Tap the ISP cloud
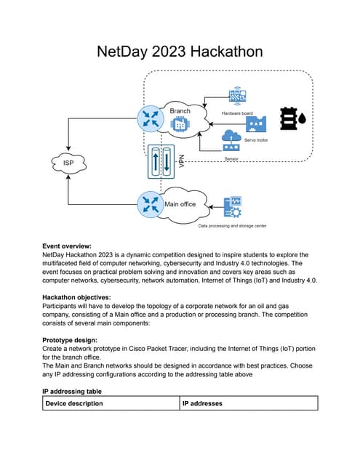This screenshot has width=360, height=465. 67,162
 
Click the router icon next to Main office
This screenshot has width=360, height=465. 151,203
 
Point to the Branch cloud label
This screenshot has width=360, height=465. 180,110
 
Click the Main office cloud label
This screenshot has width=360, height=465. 180,204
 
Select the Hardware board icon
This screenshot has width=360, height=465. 237,96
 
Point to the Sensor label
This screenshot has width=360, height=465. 232,157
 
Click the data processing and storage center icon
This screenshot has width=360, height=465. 234,206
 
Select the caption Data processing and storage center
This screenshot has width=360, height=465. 232,226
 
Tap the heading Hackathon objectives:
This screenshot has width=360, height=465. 76,298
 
